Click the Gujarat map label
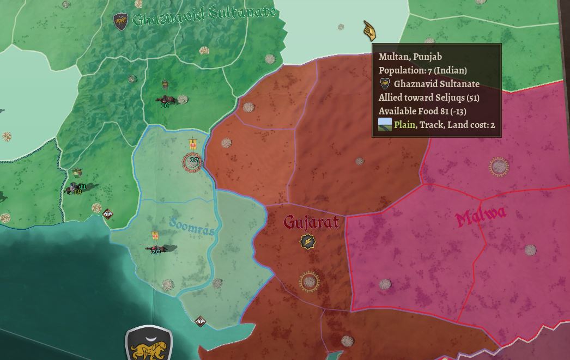tap(311, 222)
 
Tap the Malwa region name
tap(481, 217)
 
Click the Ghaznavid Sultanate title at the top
tap(204, 18)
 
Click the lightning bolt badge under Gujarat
tap(307, 242)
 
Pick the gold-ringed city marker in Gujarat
tap(310, 282)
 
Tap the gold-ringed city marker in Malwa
tap(499, 167)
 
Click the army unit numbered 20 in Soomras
tap(156, 249)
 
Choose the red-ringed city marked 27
tap(192, 162)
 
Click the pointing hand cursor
tap(369, 30)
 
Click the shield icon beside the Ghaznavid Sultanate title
tap(120, 22)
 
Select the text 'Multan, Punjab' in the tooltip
tap(410, 57)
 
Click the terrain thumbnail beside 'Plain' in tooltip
tap(385, 125)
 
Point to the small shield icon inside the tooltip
tap(385, 84)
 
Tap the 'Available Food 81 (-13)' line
tap(422, 111)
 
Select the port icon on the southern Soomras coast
tap(201, 321)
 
